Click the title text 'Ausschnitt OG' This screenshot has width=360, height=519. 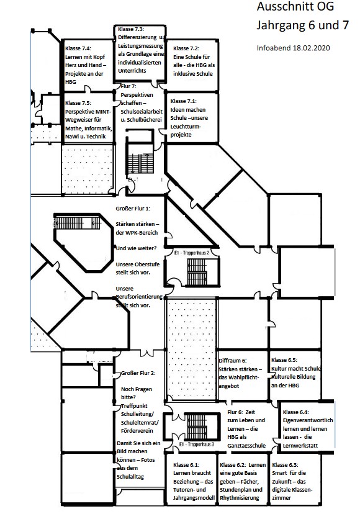(295, 7)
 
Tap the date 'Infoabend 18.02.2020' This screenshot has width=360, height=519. (293, 48)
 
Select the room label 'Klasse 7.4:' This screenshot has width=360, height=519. (78, 48)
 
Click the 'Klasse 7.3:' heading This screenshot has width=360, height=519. (131, 29)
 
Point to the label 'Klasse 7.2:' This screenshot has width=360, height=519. (186, 48)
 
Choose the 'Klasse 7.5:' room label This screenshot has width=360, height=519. (78, 103)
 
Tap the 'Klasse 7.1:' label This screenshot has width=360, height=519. (184, 101)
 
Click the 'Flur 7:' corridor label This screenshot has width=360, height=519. (128, 86)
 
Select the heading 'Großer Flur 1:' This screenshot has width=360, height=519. (133, 209)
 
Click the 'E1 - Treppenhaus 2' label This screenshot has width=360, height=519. (192, 253)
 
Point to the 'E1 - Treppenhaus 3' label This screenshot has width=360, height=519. (197, 445)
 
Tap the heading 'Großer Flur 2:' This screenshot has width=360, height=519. (138, 373)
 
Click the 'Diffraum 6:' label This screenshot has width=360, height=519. (233, 361)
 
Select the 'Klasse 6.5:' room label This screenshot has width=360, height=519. (284, 360)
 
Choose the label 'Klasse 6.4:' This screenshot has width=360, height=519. (296, 412)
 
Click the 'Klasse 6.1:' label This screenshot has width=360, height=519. (186, 465)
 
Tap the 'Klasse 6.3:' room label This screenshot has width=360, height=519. (286, 465)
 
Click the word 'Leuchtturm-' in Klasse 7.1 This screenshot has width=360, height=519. (186, 127)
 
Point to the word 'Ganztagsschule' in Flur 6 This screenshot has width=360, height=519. (246, 446)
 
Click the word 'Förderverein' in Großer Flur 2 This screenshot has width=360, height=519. (137, 431)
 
